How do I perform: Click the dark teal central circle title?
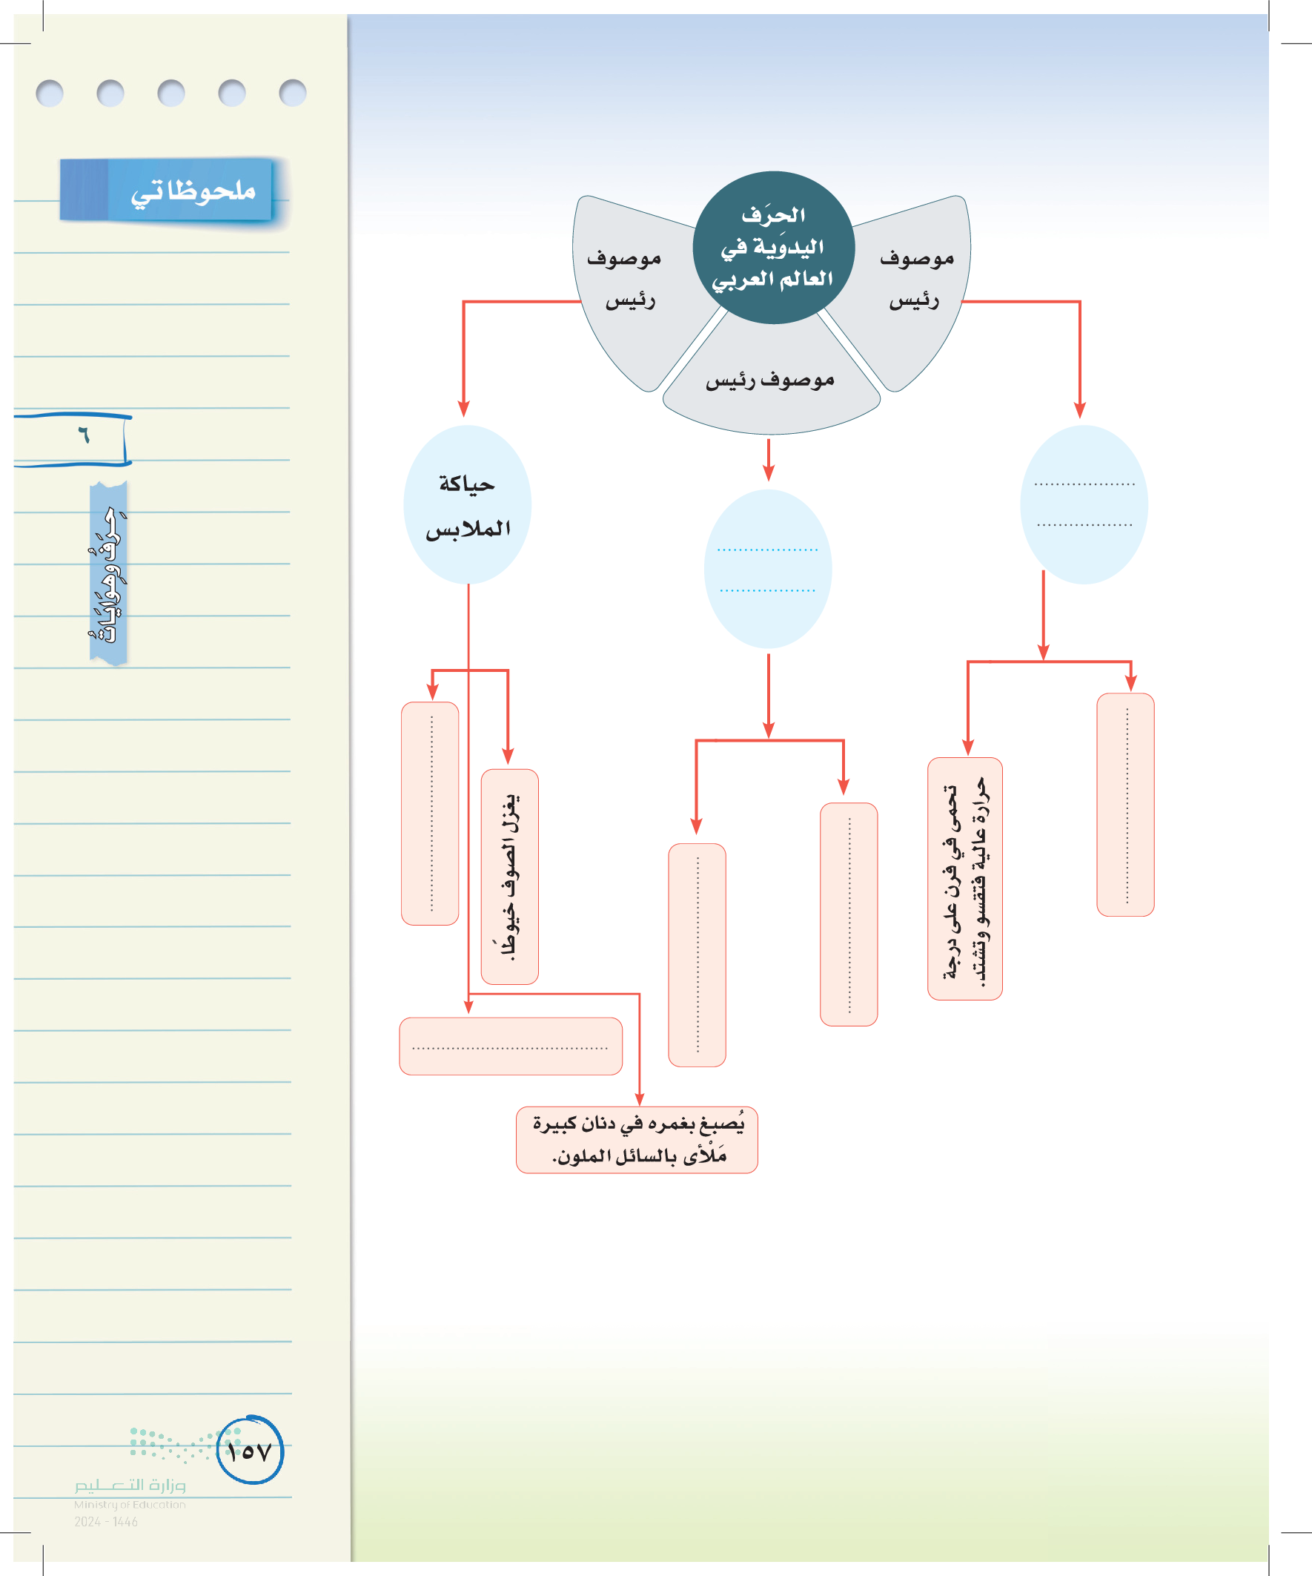click(x=772, y=247)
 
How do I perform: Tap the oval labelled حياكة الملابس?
click(x=467, y=505)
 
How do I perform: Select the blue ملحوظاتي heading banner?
click(x=167, y=190)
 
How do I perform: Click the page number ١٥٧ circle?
click(x=250, y=1451)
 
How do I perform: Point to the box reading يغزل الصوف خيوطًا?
click(x=509, y=876)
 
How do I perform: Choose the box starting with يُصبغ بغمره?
click(x=637, y=1139)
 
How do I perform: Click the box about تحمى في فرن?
click(x=964, y=878)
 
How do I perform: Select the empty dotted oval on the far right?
click(x=1084, y=504)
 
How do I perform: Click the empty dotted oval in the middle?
click(x=767, y=569)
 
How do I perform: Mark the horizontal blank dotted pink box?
click(x=510, y=1046)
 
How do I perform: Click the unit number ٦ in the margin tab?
click(x=83, y=435)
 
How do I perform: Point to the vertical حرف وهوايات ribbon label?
click(x=109, y=573)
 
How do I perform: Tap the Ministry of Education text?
click(x=129, y=1504)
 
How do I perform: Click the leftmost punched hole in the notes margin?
click(x=50, y=93)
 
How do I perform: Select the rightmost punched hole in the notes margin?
click(x=292, y=93)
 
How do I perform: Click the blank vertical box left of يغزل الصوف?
click(x=430, y=813)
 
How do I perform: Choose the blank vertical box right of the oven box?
click(x=1125, y=805)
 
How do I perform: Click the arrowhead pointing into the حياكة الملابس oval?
click(x=463, y=409)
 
